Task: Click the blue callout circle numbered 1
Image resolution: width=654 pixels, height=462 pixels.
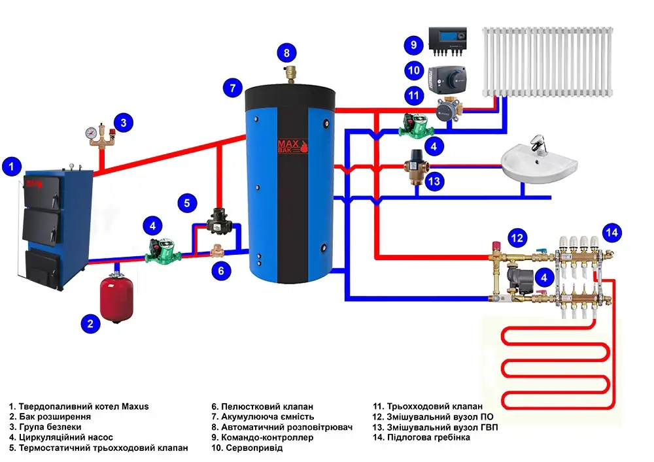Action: tap(11, 167)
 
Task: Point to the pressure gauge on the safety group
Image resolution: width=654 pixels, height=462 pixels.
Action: tap(89, 131)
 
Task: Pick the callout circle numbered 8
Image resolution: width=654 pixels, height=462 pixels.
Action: tap(286, 52)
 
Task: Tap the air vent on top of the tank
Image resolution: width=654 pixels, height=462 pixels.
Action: tap(286, 72)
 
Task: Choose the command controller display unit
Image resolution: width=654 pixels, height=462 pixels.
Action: tap(447, 41)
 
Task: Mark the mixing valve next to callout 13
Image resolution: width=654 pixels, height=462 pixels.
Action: tap(413, 166)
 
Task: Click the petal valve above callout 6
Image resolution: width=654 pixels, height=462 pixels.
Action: tap(218, 250)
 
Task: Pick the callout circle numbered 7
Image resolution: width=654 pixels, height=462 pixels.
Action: tap(232, 88)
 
